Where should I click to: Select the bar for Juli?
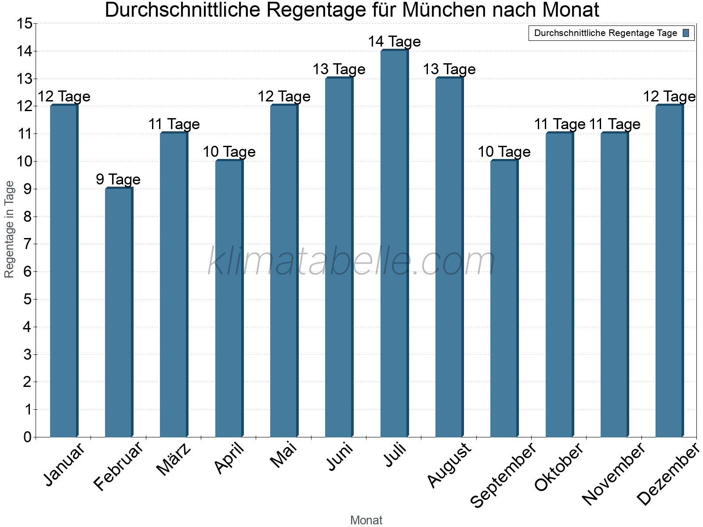(x=394, y=244)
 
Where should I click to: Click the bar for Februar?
(x=119, y=313)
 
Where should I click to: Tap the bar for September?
(x=504, y=299)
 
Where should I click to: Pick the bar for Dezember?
(x=669, y=271)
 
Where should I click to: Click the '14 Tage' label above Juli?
(x=394, y=42)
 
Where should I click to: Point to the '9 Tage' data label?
(x=118, y=179)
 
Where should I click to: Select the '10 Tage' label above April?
(x=229, y=152)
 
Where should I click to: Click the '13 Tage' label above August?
(x=449, y=69)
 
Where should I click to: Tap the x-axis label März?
(x=174, y=459)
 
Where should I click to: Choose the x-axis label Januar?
(x=64, y=465)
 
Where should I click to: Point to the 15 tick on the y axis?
(x=25, y=24)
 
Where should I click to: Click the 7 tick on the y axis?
(x=28, y=244)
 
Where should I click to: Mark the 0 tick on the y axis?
(x=28, y=437)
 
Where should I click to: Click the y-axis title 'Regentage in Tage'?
(x=10, y=229)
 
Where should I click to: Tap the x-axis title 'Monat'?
(x=366, y=520)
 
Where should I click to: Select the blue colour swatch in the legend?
(x=686, y=33)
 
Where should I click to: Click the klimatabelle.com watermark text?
(x=351, y=261)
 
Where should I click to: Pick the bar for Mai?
(x=284, y=271)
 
